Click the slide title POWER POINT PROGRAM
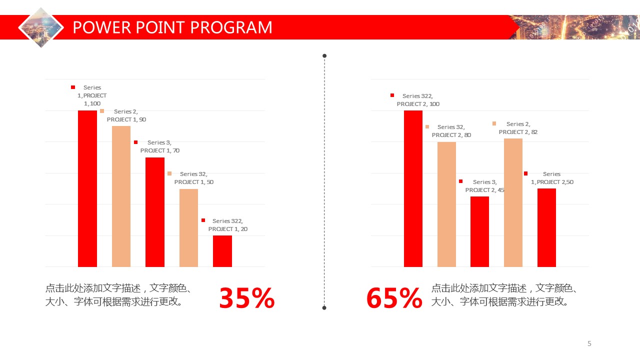(172, 27)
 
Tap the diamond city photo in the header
(41, 27)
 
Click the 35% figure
(247, 298)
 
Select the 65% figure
(394, 298)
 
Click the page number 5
(589, 343)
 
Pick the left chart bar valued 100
(87, 188)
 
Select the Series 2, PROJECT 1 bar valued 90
(121, 196)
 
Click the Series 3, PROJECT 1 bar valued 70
(155, 212)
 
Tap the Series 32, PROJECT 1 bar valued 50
(188, 227)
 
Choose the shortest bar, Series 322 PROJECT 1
(222, 251)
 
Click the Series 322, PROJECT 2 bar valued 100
(413, 188)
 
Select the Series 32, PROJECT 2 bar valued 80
(446, 204)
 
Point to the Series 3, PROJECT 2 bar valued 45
(479, 231)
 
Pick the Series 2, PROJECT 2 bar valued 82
(513, 202)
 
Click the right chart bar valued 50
(546, 227)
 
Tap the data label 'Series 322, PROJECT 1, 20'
(227, 225)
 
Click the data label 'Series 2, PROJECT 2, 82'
(518, 128)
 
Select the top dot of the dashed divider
(324, 55)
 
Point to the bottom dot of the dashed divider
(324, 307)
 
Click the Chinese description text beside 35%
(120, 295)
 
